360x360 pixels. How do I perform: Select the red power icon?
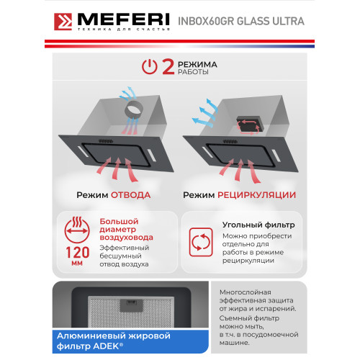coord(149,68)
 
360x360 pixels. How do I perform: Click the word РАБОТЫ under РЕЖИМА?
coord(194,73)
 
